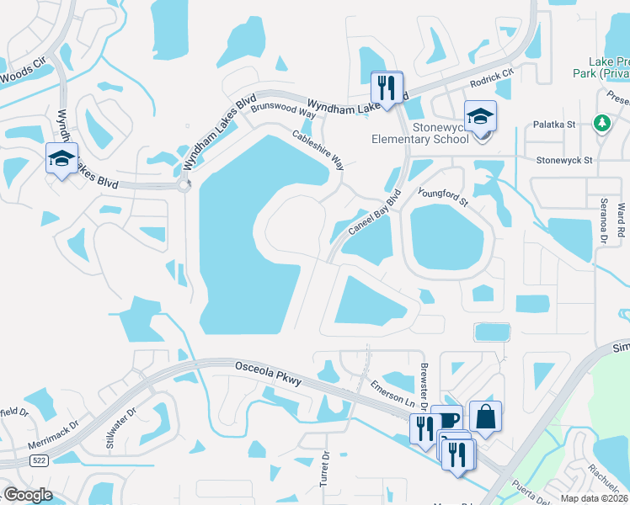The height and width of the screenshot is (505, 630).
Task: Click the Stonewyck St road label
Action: click(565, 159)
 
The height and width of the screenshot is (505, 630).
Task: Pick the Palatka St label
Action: click(554, 125)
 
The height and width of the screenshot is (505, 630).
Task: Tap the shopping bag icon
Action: click(485, 415)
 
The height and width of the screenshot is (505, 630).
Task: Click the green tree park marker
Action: click(602, 124)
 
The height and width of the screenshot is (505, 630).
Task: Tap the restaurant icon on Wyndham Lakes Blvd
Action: click(387, 86)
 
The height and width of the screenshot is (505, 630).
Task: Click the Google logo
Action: click(28, 495)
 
